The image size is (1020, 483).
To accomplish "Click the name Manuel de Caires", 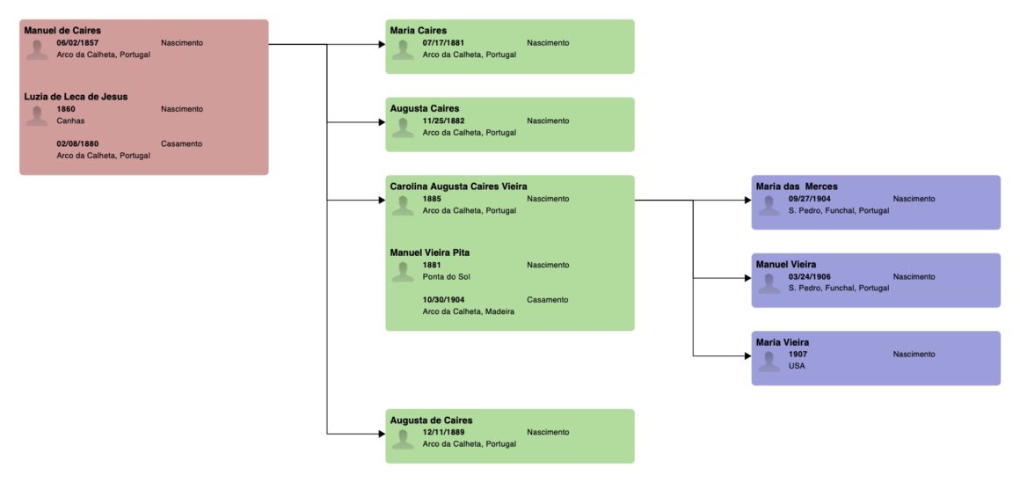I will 62,30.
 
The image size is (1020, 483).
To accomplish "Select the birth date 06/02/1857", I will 77,42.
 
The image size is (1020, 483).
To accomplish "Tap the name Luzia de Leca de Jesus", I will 76,97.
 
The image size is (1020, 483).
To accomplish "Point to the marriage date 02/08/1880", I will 77,143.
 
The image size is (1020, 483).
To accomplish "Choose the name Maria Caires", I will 419,30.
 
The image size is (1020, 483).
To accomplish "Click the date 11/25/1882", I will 443,121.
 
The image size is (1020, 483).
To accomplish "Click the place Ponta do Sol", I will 446,276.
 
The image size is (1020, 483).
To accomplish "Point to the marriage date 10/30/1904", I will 443,299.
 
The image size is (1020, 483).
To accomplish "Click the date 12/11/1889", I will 443,432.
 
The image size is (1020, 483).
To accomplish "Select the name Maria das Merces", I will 797,186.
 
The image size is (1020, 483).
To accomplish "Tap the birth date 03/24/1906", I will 810,276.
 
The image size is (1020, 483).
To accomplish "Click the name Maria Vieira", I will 783,341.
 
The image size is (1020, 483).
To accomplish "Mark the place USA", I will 797,366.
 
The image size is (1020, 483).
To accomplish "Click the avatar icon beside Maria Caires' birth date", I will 403,49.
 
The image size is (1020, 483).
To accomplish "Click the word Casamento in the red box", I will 181,143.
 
